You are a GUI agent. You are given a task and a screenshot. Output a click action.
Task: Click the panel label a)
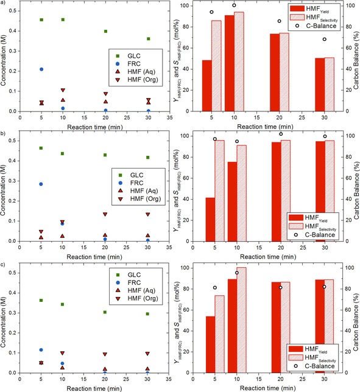point(5,4)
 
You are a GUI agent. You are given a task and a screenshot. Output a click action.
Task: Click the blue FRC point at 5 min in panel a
point(41,69)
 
